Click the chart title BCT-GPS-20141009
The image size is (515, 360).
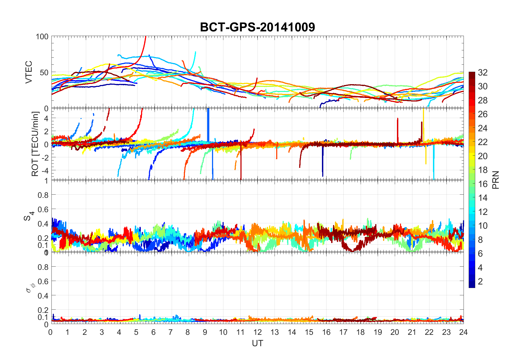point(257,27)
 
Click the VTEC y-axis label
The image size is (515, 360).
point(29,72)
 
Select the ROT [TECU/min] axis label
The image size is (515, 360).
point(35,144)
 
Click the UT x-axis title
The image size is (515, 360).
point(257,343)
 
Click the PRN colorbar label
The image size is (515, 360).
point(496,180)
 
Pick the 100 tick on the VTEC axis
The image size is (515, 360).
point(42,37)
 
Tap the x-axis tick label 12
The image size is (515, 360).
point(257,332)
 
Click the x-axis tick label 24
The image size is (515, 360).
point(463,332)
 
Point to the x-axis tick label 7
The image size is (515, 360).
point(170,332)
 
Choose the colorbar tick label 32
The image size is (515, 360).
point(483,73)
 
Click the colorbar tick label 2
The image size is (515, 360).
point(480,282)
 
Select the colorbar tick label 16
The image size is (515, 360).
point(483,184)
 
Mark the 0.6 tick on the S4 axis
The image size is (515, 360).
point(43,210)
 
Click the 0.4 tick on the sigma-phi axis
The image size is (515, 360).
point(43,296)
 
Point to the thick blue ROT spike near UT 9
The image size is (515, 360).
point(208,125)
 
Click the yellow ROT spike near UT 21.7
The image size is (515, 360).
point(423,122)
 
